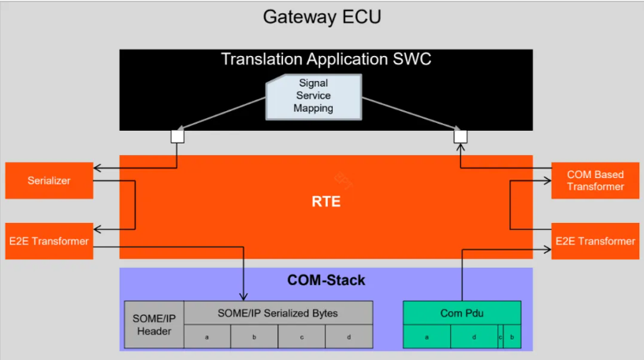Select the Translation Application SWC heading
point(326,59)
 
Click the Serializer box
point(49,180)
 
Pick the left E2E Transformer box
point(49,241)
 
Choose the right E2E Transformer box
point(595,241)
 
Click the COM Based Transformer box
point(595,180)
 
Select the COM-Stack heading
point(326,280)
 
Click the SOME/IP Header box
point(154,325)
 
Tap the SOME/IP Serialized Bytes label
point(277,313)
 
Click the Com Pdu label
point(461,313)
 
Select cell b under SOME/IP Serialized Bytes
point(254,336)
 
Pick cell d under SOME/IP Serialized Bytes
point(348,336)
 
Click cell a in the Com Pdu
point(426,336)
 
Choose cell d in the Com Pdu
point(473,336)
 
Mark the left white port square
point(177,136)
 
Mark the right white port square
point(460,136)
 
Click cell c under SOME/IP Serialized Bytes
point(301,336)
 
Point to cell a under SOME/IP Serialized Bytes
point(207,336)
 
